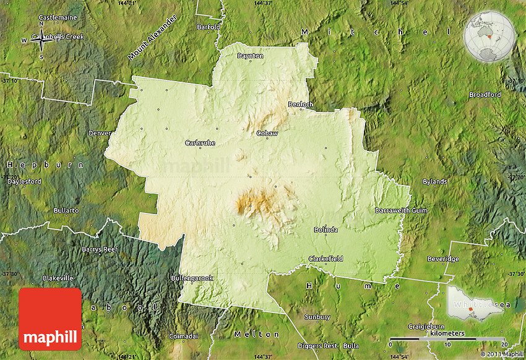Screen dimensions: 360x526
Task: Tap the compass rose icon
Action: [x=42, y=41]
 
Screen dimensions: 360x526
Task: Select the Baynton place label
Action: [x=251, y=56]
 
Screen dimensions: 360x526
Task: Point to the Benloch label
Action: [x=301, y=105]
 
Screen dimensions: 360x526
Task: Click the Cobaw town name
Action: [x=267, y=133]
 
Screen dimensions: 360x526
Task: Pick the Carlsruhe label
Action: [x=200, y=143]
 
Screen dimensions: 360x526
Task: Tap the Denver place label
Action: [x=100, y=133]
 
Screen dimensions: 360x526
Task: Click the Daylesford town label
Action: [x=25, y=182]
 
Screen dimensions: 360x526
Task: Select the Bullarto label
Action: [x=66, y=210]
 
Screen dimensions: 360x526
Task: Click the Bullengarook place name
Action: [x=192, y=278]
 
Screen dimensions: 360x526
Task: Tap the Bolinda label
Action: [x=326, y=229]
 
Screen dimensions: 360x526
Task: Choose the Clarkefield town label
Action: [x=326, y=259]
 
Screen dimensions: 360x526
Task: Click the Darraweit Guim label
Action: [x=401, y=210]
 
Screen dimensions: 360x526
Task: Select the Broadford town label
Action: [x=485, y=95]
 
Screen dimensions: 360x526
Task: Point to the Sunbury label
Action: [x=317, y=317]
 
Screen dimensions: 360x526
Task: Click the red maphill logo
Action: [x=50, y=319]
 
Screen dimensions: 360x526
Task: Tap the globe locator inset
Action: [x=489, y=37]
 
